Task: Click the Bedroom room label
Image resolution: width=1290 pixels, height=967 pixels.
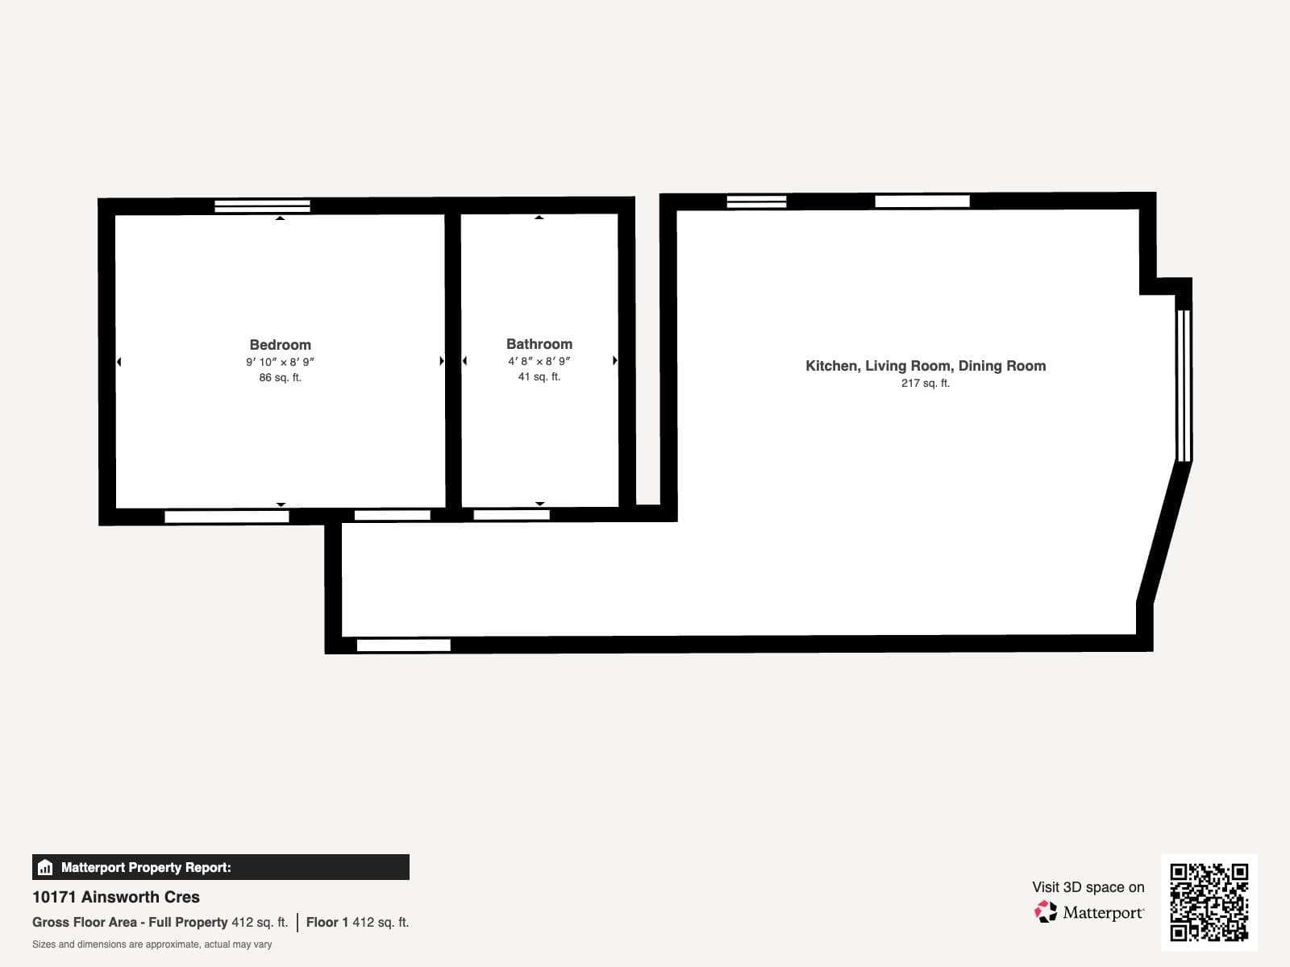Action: (x=281, y=345)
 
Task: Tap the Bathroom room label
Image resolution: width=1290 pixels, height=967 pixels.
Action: (x=539, y=344)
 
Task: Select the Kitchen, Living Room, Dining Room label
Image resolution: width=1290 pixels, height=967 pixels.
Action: (x=926, y=366)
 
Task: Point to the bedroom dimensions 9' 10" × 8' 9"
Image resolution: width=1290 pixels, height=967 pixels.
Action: (x=281, y=362)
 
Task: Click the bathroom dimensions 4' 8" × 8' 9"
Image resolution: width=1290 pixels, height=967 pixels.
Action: (x=539, y=361)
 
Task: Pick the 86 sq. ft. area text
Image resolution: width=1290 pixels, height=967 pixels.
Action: (x=281, y=377)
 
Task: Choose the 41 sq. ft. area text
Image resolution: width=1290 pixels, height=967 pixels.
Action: (x=539, y=377)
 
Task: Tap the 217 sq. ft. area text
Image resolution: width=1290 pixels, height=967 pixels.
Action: (x=926, y=383)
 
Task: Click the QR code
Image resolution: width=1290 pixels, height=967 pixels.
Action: (x=1209, y=903)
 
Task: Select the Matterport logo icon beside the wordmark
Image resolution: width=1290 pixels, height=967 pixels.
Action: (x=1046, y=912)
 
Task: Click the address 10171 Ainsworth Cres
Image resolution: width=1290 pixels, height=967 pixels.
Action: (x=116, y=897)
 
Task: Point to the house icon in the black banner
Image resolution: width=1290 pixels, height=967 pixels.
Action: (x=45, y=867)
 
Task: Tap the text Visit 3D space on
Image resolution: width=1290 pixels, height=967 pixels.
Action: (x=1088, y=887)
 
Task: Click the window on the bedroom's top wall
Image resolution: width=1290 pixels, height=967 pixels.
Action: (x=262, y=206)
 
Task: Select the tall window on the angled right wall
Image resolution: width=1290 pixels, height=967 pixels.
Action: (x=1184, y=386)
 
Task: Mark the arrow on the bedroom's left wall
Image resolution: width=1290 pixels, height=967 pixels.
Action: (x=119, y=362)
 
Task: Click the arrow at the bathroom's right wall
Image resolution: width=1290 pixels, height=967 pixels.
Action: (x=614, y=360)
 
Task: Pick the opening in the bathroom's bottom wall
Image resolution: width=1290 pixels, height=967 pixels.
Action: (x=511, y=515)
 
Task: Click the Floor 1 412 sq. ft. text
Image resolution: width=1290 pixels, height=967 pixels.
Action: (x=357, y=923)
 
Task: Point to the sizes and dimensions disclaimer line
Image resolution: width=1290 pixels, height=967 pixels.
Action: (x=152, y=944)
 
